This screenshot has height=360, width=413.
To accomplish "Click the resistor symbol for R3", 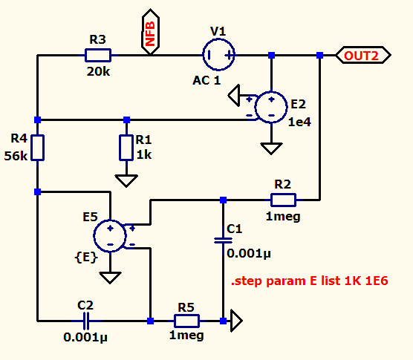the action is tap(98, 55).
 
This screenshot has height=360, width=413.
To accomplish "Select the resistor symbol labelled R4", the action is tap(37, 148).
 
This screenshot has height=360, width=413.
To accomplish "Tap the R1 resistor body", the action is tap(126, 148).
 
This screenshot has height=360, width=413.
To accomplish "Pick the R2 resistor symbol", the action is tap(284, 200).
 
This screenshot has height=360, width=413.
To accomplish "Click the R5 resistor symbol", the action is tap(186, 321).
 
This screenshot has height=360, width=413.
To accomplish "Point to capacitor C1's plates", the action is tap(223, 240).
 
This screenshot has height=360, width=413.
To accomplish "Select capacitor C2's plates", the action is tap(86, 321).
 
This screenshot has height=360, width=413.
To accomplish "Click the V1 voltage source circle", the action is tap(218, 55).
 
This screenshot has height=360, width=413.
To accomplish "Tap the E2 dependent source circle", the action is tap(271, 107).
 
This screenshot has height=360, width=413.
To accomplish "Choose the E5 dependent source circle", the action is tap(110, 236).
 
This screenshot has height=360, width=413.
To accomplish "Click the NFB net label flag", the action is tap(150, 32).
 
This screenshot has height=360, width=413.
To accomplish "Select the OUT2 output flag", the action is tap(363, 55).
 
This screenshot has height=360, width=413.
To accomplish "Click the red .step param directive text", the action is tap(310, 281).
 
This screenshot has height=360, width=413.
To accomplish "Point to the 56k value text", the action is tap(16, 156).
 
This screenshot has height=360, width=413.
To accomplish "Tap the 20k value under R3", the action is tap(98, 71).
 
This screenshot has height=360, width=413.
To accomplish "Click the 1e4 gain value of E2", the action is tap(300, 122).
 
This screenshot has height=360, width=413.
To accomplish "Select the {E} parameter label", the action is tap(86, 257).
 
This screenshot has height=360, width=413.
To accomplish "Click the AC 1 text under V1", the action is tap(206, 80).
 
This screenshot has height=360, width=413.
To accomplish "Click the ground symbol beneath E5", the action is tap(110, 278).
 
